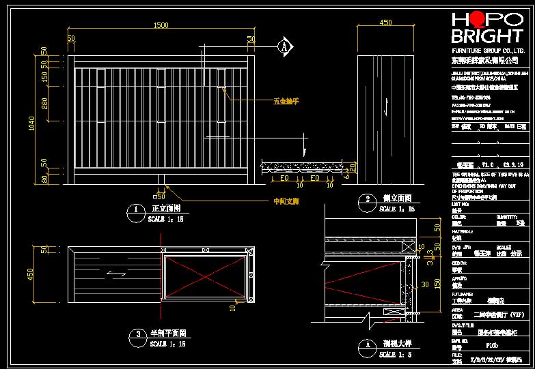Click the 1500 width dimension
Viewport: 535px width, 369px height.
click(161, 25)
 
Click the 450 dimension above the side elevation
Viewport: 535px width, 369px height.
click(385, 23)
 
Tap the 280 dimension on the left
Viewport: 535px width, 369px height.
click(44, 103)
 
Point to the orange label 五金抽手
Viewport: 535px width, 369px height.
click(286, 101)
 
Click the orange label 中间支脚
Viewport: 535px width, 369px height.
click(286, 202)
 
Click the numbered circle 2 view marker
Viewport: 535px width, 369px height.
click(368, 200)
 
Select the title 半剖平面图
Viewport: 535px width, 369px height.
click(167, 334)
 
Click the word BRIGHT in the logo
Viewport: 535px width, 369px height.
click(487, 35)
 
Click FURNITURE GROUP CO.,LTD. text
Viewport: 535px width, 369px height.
click(489, 51)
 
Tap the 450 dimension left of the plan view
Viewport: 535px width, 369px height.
click(30, 274)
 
